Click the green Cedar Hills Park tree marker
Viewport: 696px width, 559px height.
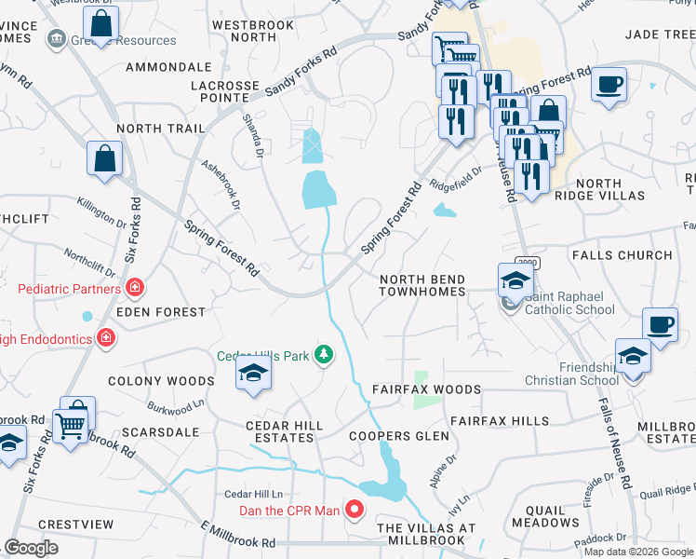point(323,355)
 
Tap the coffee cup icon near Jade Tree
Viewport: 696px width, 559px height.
point(609,84)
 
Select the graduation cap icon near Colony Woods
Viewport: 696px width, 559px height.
point(250,374)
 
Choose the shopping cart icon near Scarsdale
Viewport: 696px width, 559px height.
point(71,427)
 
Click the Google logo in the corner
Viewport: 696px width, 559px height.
point(32,548)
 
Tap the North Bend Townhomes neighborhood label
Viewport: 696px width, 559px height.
point(422,285)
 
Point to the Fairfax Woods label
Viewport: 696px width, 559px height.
point(426,389)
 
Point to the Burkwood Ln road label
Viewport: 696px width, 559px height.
point(176,410)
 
